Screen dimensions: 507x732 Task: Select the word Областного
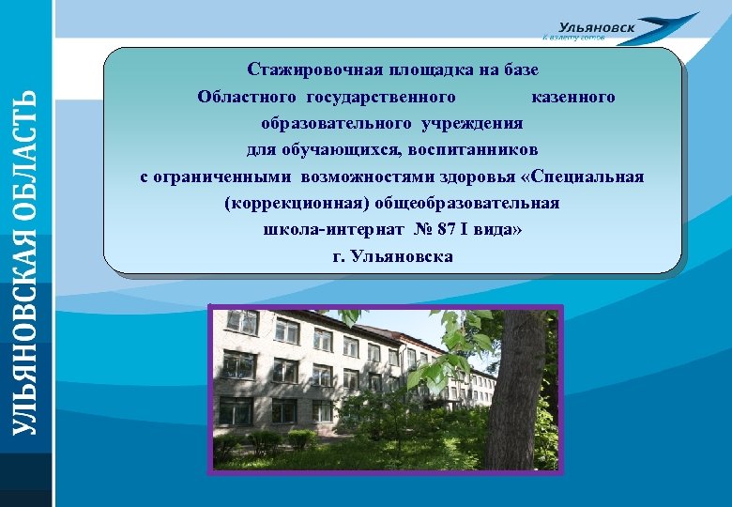(x=245, y=97)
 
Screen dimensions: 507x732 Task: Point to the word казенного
(x=572, y=97)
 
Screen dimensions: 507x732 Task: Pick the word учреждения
(x=473, y=123)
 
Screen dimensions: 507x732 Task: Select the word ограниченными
(x=223, y=177)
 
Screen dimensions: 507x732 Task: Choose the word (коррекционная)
(x=297, y=203)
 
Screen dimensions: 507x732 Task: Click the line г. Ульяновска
(x=392, y=255)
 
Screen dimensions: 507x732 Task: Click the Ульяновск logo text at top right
(x=596, y=28)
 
